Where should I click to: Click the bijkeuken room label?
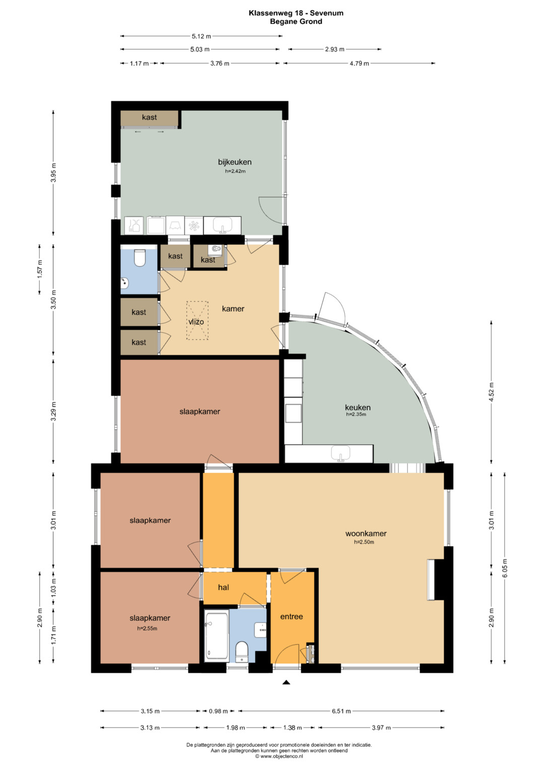tap(235, 162)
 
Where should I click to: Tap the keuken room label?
tap(358, 407)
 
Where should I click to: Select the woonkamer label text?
tap(366, 533)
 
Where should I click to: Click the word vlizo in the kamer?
tap(196, 322)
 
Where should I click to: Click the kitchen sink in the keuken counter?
tap(341, 453)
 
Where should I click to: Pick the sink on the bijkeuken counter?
tap(222, 225)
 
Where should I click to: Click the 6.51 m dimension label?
tap(341, 711)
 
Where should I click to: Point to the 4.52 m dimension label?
tap(492, 391)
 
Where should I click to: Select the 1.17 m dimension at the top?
tap(139, 63)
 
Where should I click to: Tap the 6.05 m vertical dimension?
tap(505, 568)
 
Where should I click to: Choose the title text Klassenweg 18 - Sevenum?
tap(296, 13)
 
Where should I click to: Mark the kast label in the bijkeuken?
tap(150, 117)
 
